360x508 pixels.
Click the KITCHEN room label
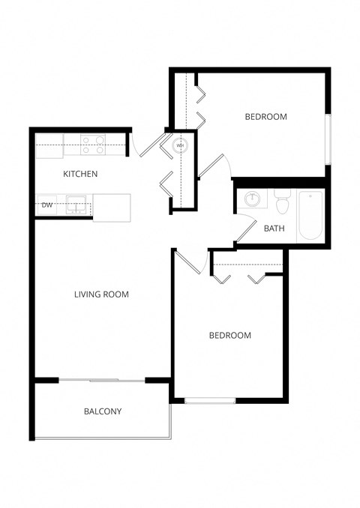80,174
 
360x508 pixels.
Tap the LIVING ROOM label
101,294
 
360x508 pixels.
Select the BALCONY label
102,411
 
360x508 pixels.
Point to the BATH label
274,229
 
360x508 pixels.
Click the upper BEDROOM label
265,117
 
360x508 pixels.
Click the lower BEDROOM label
229,336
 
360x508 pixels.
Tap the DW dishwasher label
47,205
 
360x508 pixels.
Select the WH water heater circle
180,145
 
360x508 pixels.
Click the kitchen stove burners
92,144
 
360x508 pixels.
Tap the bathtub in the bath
310,215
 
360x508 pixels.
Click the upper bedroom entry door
213,166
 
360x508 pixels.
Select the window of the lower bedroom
210,400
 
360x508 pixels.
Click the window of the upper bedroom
328,139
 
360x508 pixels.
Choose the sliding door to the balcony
102,381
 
